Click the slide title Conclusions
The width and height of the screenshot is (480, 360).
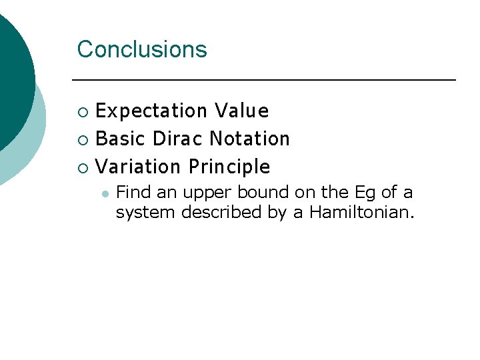click(142, 49)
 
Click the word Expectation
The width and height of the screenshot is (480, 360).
click(152, 111)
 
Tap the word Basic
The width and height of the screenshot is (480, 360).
click(121, 139)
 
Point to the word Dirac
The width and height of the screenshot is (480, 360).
click(178, 139)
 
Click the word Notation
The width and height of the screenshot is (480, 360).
click(249, 139)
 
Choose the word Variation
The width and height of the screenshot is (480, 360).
click(139, 167)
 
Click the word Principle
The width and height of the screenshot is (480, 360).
click(229, 167)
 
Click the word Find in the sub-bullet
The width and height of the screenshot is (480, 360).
click(133, 193)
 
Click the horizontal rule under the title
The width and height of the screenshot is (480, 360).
click(263, 80)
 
